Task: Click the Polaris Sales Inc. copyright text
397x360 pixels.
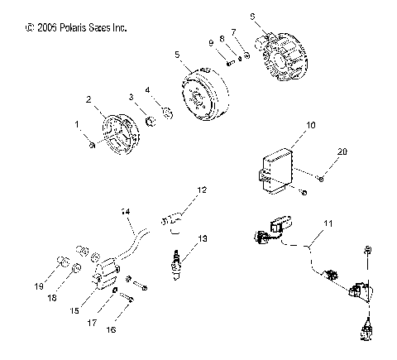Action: click(77, 27)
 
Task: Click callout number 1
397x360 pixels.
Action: click(79, 125)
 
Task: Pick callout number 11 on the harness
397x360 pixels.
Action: click(328, 224)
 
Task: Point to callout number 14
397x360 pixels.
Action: click(126, 212)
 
